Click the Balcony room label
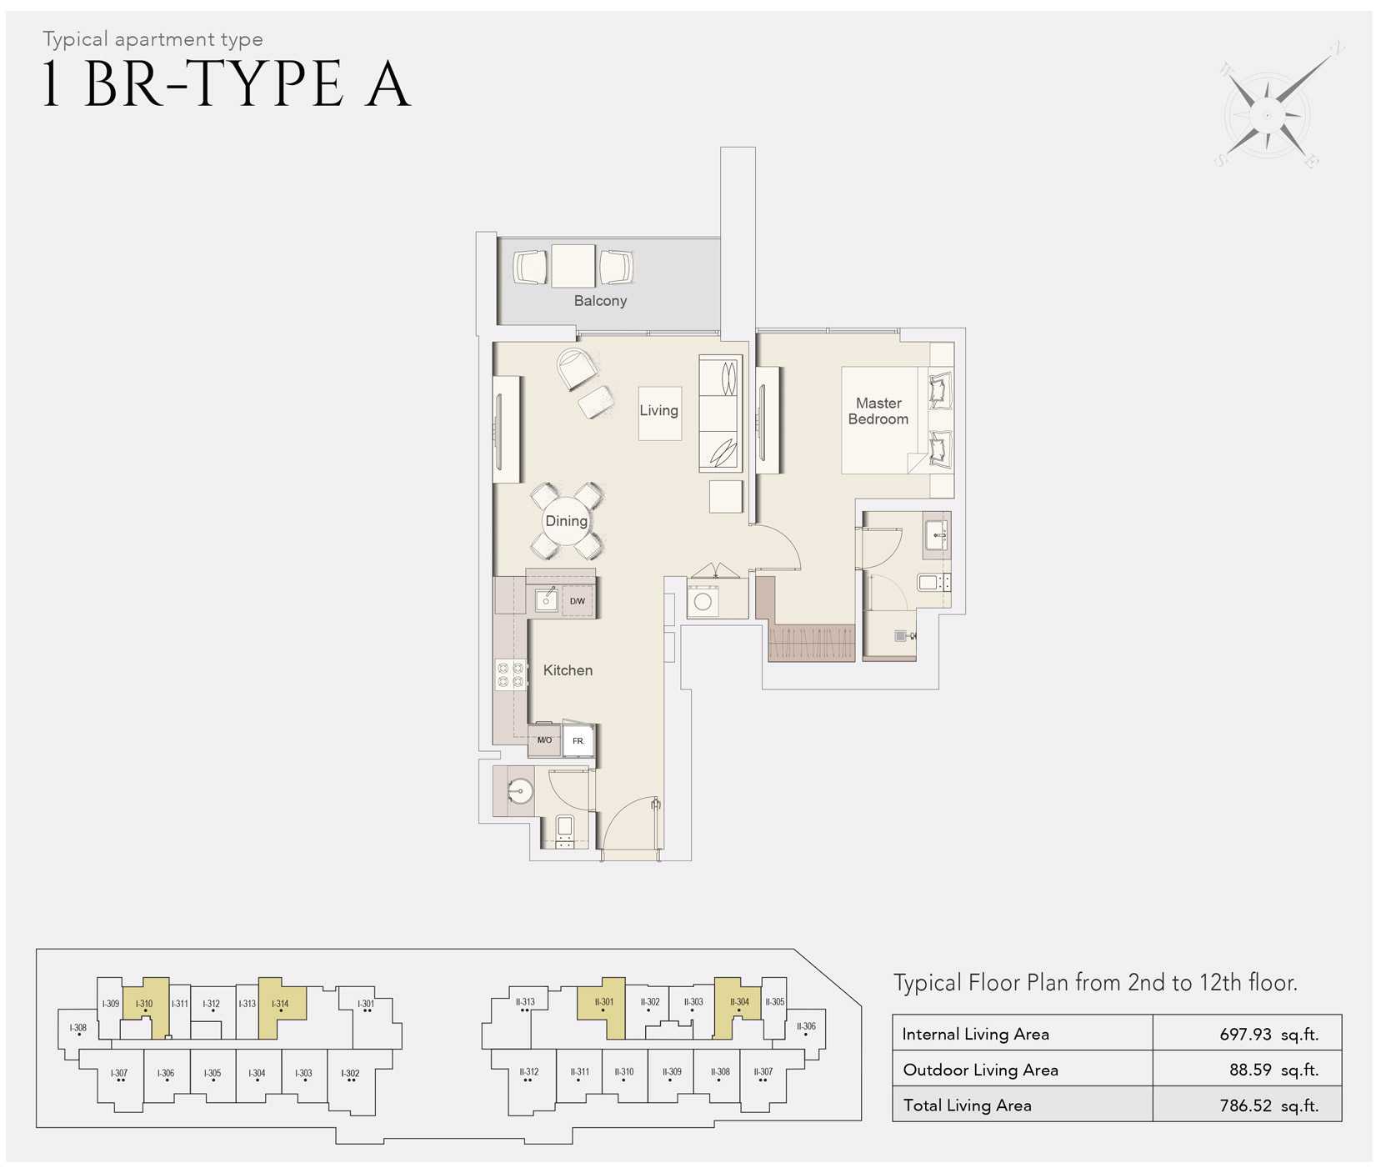(x=600, y=301)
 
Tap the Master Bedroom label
(x=878, y=411)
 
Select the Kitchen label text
(x=568, y=670)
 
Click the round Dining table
(x=567, y=521)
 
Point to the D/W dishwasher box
(x=578, y=601)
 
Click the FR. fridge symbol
(x=578, y=740)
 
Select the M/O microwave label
(x=544, y=740)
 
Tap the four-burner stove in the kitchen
(x=511, y=674)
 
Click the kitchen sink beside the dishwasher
(x=547, y=599)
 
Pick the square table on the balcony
(x=573, y=266)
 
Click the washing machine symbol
(x=703, y=600)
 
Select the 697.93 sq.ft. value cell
(x=1268, y=1035)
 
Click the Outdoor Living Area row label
(x=980, y=1070)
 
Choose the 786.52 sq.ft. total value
(x=1268, y=1105)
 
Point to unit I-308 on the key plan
(x=78, y=1030)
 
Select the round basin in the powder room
(x=520, y=791)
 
